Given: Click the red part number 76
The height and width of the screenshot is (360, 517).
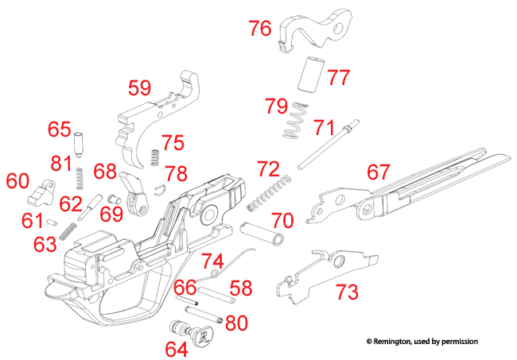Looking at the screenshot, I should (x=260, y=29).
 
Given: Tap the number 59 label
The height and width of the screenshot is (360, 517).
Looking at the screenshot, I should (x=140, y=87).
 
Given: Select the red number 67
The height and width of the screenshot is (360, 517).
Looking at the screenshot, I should (x=378, y=172).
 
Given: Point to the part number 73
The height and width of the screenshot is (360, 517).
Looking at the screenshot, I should (x=346, y=292).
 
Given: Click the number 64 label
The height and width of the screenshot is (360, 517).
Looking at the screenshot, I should (x=177, y=348).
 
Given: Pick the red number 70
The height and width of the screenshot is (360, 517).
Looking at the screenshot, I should (x=282, y=219).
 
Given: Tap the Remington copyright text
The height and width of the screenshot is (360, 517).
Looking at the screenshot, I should (x=422, y=341).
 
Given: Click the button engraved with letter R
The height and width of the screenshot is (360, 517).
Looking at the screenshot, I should (x=202, y=335).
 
